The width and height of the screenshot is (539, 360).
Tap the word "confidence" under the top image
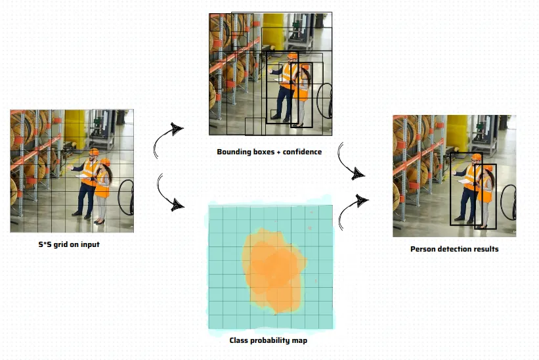302,152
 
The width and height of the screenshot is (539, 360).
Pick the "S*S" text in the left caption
45,244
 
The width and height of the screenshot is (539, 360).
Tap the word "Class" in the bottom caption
238,340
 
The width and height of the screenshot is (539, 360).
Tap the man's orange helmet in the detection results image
476,157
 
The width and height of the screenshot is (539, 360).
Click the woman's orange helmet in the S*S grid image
105,162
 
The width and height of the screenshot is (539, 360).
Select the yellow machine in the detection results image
457,133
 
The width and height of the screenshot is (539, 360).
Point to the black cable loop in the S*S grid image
126,197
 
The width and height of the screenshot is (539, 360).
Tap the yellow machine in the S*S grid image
75,128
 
